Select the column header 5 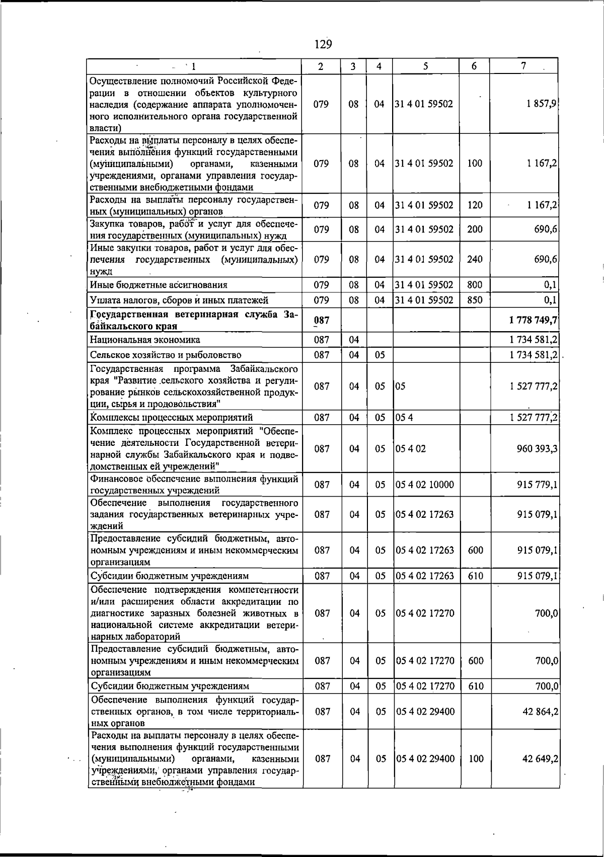426,66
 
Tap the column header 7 524,66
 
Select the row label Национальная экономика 145,340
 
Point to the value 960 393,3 537,448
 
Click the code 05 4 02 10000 425,485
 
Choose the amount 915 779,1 537,485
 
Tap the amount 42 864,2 540,712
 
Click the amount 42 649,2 540,758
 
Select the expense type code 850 475,300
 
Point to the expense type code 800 475,285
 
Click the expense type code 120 475,205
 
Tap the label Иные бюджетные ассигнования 159,285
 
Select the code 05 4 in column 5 404,417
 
